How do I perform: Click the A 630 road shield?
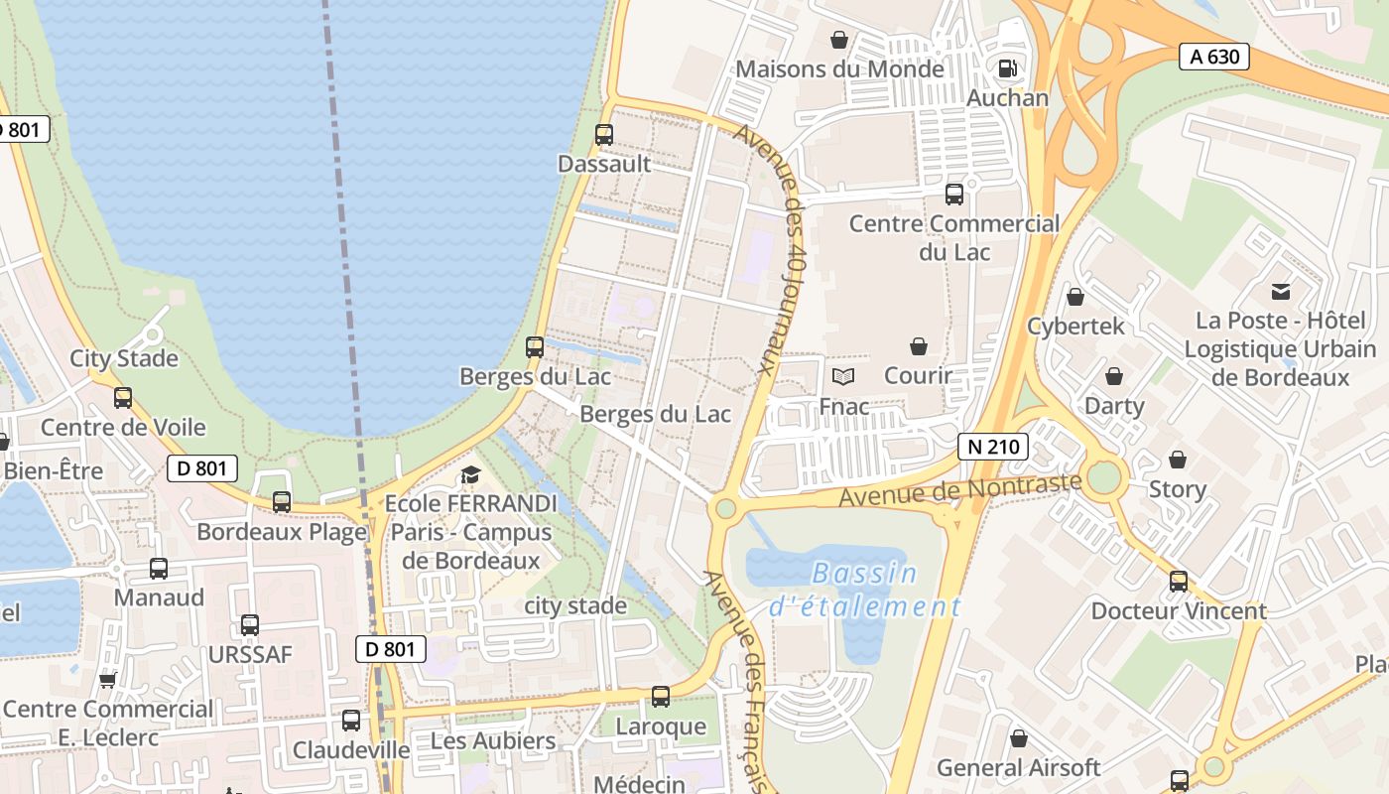click(1214, 57)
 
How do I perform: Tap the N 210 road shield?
click(992, 447)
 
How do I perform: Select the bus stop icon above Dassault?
click(604, 134)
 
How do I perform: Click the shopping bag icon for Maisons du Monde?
click(839, 40)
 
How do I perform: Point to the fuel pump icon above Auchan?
click(1007, 68)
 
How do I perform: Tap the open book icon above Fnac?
click(843, 376)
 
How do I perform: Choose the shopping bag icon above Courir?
click(919, 346)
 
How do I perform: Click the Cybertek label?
click(1075, 326)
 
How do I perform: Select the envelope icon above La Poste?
click(1281, 292)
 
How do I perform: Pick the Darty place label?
click(1114, 406)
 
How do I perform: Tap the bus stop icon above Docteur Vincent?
click(1179, 581)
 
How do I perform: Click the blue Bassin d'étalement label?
click(864, 590)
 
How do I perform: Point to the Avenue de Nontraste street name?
click(959, 489)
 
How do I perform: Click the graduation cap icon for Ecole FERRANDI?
click(470, 474)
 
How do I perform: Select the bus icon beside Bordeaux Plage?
click(282, 502)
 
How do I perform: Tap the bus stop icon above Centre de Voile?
click(123, 397)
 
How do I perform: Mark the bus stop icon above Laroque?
click(661, 697)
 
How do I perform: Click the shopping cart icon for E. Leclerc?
click(108, 680)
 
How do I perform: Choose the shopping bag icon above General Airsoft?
click(1019, 738)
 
